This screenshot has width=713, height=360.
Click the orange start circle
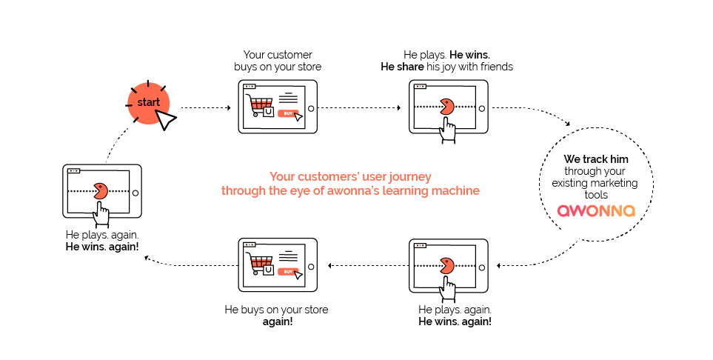[148, 103]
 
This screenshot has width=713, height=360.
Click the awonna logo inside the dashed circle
[596, 210]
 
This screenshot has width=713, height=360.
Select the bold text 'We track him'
[596, 159]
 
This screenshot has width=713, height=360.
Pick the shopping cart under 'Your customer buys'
[259, 104]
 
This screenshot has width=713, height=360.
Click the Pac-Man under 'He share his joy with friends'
[447, 107]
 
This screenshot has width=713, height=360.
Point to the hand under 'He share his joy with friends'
[448, 130]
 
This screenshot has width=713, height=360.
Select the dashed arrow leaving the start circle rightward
[206, 108]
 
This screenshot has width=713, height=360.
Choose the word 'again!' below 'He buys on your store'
[278, 321]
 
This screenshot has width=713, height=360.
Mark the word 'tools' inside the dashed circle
[596, 196]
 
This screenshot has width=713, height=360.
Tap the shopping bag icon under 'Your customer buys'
[269, 112]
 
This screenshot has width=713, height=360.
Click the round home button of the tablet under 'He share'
[481, 109]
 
